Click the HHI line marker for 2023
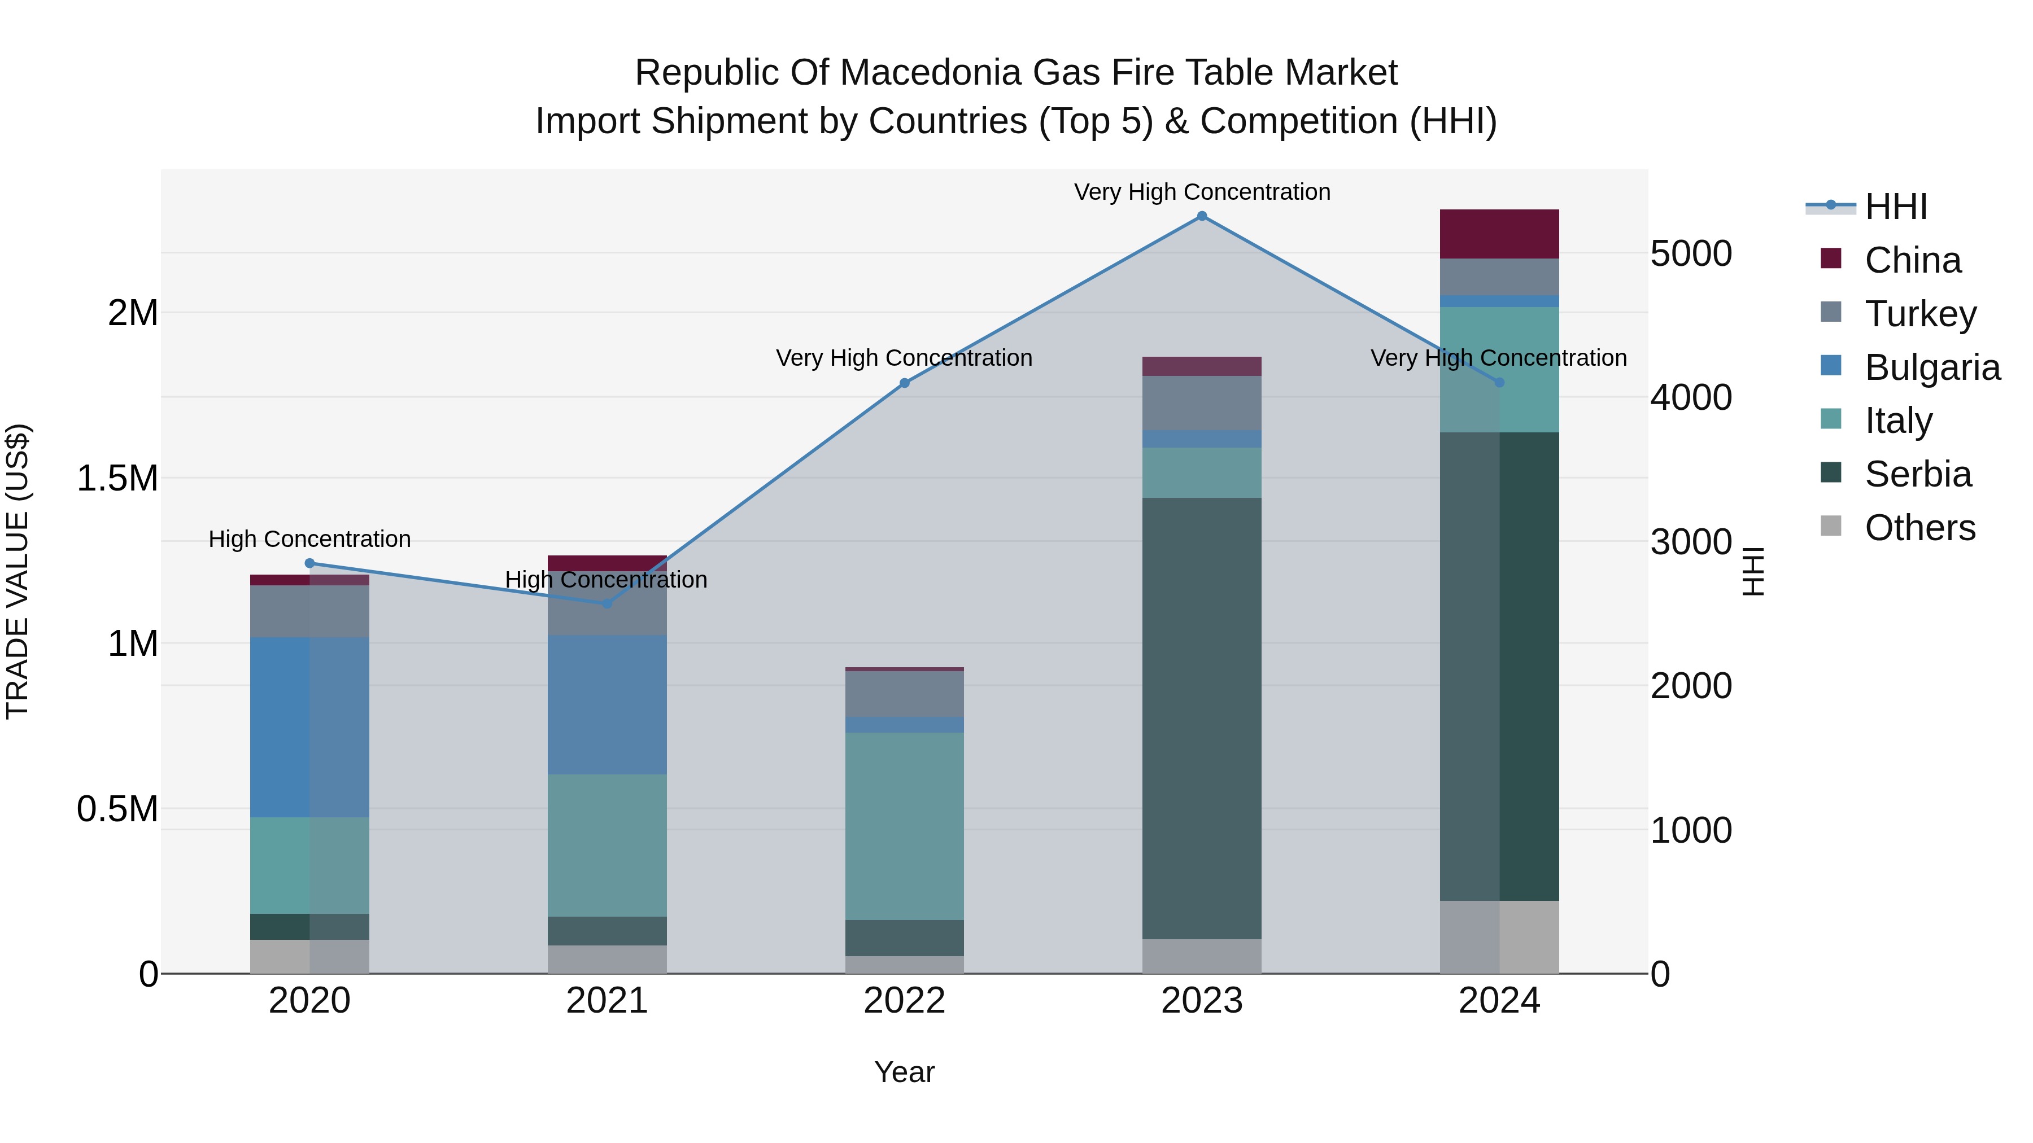click(x=1201, y=216)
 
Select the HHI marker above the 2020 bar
click(x=309, y=563)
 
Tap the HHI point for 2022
click(x=905, y=383)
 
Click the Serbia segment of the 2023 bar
click(x=1201, y=718)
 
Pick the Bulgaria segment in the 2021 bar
click(x=607, y=704)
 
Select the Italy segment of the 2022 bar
click(x=905, y=826)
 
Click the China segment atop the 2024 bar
click(x=1499, y=234)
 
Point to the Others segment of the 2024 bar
click(x=1499, y=936)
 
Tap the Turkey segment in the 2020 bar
click(x=309, y=611)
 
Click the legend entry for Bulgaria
click(x=1931, y=367)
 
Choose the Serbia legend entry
click(x=1917, y=474)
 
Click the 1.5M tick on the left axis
click(x=117, y=478)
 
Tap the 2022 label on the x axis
click(x=905, y=1000)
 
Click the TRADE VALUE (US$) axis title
click(x=18, y=571)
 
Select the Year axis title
click(x=905, y=1072)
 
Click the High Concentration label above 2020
click(x=309, y=540)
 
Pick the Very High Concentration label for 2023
click(x=1201, y=192)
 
